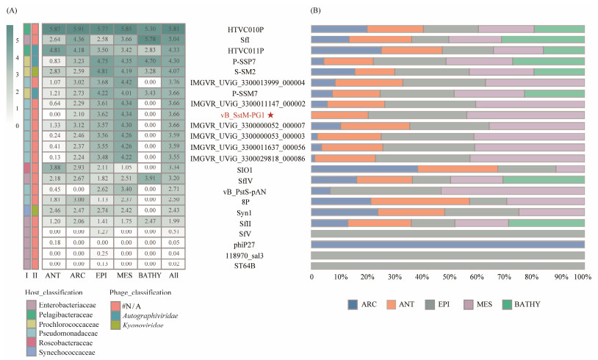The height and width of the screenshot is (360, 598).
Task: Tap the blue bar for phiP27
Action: pos(447,244)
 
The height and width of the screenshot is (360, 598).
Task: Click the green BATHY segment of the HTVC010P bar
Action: pos(559,29)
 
